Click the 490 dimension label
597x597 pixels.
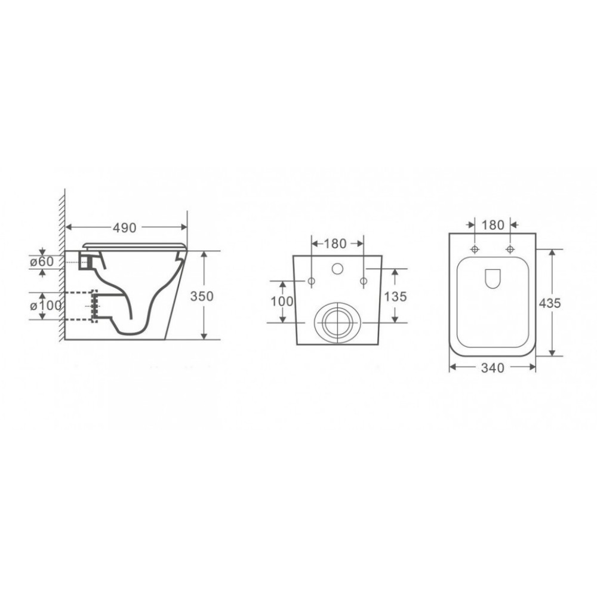[x=125, y=227]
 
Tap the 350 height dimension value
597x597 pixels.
[x=202, y=296]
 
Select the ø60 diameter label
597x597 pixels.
[x=42, y=261]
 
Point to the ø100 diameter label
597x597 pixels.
[x=45, y=305]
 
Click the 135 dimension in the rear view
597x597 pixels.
[x=396, y=296]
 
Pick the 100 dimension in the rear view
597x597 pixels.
[x=282, y=301]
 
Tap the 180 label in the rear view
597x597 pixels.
[x=335, y=244]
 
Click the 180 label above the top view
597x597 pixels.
[x=493, y=225]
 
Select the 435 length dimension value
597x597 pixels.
[x=550, y=303]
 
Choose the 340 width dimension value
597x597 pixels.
[x=493, y=368]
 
